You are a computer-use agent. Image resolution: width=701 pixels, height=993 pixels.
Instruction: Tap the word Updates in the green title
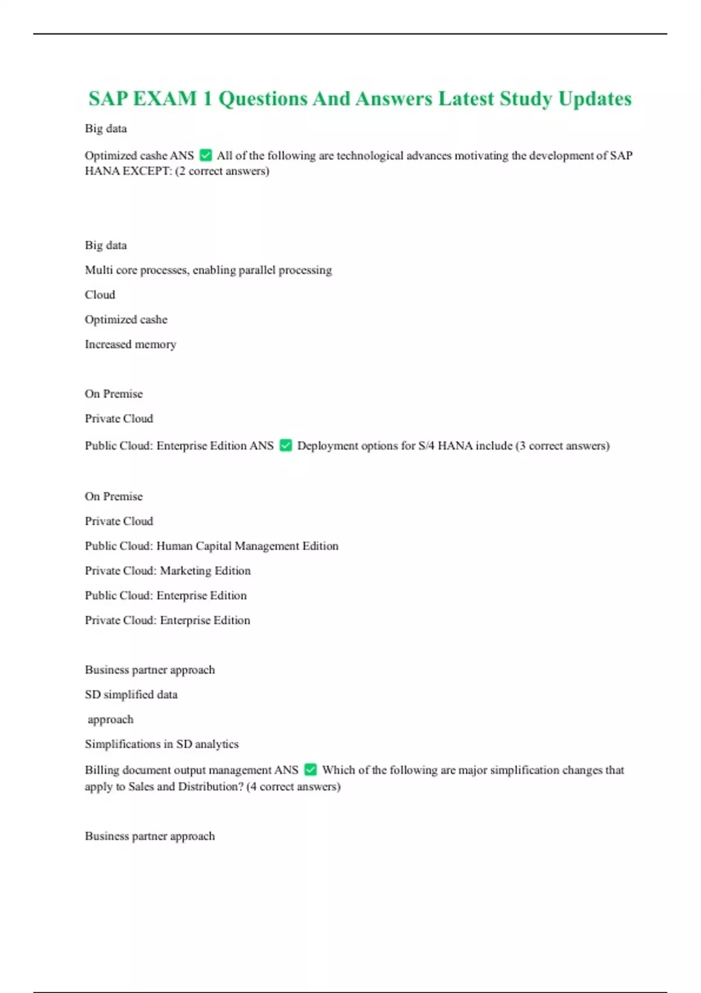[x=595, y=99]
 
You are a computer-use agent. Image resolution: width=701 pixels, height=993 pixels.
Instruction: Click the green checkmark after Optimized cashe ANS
[x=206, y=155]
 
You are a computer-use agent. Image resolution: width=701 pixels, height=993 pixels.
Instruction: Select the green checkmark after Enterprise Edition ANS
[x=286, y=446]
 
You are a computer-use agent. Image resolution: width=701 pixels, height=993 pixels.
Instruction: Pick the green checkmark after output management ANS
[x=311, y=770]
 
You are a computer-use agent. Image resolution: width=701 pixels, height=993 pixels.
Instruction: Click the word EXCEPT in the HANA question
[x=147, y=171]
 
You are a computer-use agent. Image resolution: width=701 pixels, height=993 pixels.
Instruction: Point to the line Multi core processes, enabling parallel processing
[x=208, y=270]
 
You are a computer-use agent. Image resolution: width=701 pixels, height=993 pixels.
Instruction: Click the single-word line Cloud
[x=100, y=295]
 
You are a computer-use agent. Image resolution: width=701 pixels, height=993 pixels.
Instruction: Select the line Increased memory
[x=130, y=345]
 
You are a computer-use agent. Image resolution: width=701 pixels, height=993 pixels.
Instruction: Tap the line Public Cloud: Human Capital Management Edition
[x=211, y=546]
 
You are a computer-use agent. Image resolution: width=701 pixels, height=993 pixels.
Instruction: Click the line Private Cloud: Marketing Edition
[x=168, y=571]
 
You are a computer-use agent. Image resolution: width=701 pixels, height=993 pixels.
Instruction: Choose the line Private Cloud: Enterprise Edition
[x=167, y=620]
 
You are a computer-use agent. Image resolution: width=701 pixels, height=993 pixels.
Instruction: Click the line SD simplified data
[x=131, y=695]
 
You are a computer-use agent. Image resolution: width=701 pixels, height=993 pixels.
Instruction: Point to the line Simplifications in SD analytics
[x=161, y=744]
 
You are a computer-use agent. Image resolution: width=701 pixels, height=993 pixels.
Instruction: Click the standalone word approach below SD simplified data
[x=110, y=720]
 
